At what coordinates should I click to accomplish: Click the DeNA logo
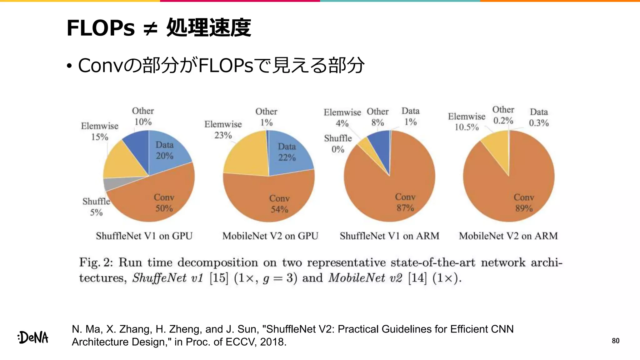33,337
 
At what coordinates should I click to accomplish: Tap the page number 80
615,341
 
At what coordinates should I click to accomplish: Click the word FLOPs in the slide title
101,28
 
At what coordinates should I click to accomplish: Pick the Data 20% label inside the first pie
164,150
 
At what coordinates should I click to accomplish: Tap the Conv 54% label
279,204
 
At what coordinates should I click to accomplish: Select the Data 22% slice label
287,152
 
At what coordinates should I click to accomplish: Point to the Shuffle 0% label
338,144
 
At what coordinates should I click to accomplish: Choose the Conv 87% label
405,202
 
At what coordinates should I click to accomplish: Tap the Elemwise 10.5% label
467,122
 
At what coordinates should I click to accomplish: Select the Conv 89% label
524,203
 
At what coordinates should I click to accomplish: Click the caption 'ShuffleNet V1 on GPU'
144,236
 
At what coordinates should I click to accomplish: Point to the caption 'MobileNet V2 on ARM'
508,236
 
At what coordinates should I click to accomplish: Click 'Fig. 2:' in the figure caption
96,262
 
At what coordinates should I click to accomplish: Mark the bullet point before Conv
69,66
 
